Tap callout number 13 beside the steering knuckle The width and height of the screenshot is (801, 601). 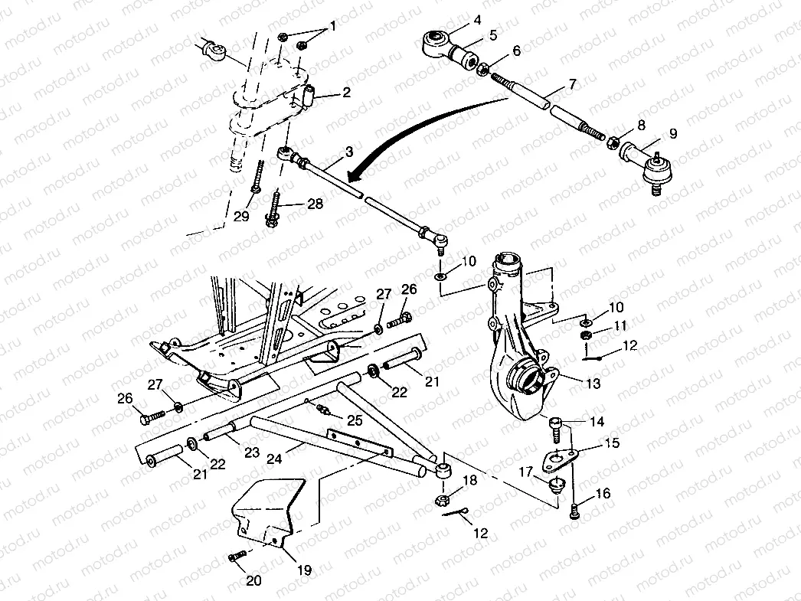tap(593, 384)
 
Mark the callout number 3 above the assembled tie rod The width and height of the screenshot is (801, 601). tap(349, 152)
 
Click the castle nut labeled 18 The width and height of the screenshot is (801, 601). tap(442, 501)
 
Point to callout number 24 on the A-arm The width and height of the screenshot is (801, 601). tap(274, 459)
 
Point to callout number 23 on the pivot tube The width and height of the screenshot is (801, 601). tap(228, 452)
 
